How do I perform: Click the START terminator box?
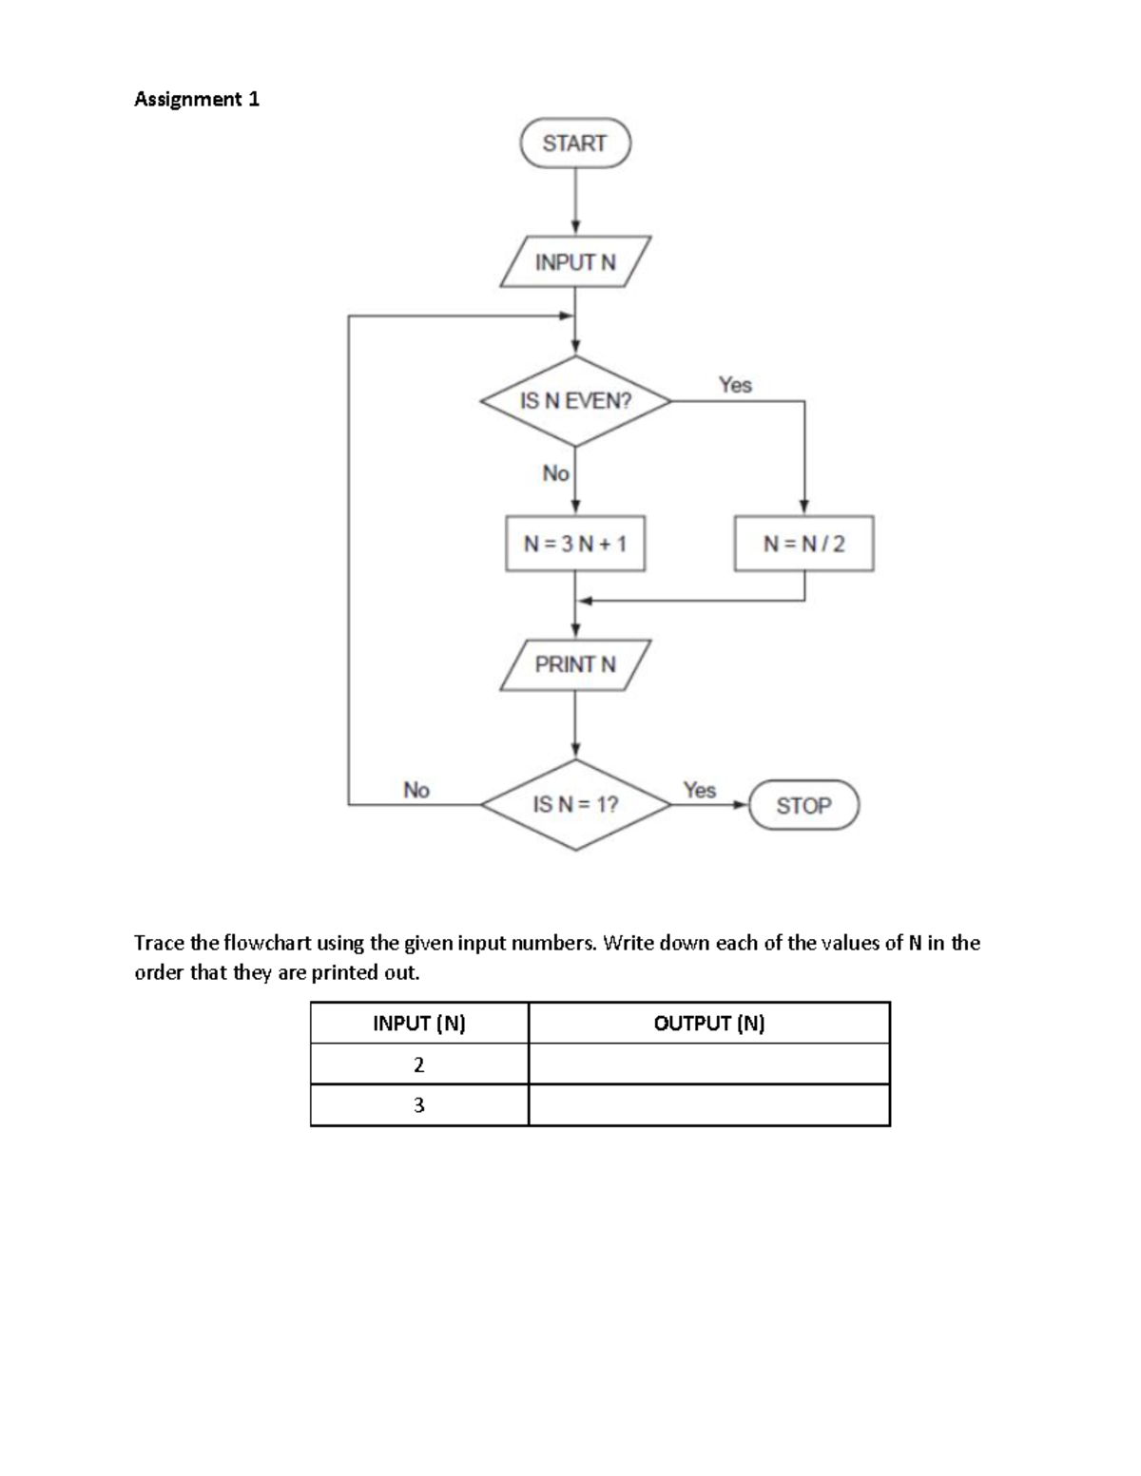pyautogui.click(x=574, y=143)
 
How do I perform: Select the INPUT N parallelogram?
pyautogui.click(x=575, y=262)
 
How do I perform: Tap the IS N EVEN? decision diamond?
pyautogui.click(x=575, y=401)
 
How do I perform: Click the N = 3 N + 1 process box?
pyautogui.click(x=575, y=544)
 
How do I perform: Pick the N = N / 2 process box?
pyautogui.click(x=803, y=544)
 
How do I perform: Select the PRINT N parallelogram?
pyautogui.click(x=575, y=664)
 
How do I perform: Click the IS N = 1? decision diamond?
pyautogui.click(x=575, y=805)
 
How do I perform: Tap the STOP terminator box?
pyautogui.click(x=803, y=805)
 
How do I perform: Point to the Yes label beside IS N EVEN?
pyautogui.click(x=735, y=385)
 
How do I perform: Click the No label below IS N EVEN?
pyautogui.click(x=555, y=472)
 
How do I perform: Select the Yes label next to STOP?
pyautogui.click(x=700, y=790)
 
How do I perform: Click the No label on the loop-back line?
pyautogui.click(x=416, y=790)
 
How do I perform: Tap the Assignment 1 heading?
pyautogui.click(x=197, y=99)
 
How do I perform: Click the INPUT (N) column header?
pyautogui.click(x=419, y=1024)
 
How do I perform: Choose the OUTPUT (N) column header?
pyautogui.click(x=709, y=1024)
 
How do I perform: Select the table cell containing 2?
pyautogui.click(x=419, y=1064)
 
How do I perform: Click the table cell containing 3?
pyautogui.click(x=419, y=1105)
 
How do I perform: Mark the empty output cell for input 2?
pyautogui.click(x=709, y=1064)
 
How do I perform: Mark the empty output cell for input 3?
pyautogui.click(x=709, y=1105)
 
